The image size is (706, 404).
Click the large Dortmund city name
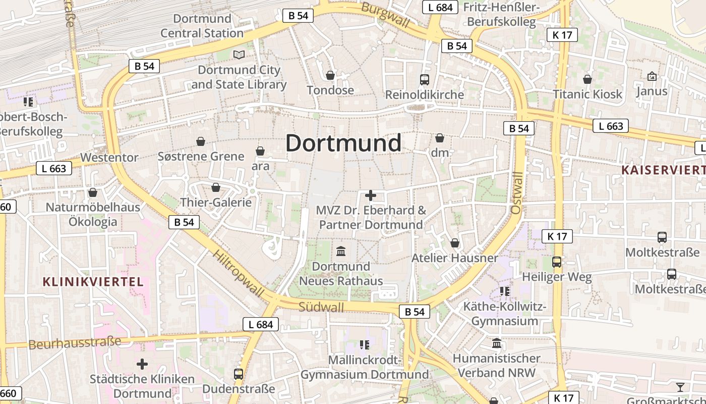click(x=343, y=143)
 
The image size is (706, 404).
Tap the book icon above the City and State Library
click(x=239, y=55)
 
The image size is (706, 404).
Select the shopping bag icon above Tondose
click(x=330, y=75)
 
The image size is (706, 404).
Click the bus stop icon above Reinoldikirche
click(x=424, y=79)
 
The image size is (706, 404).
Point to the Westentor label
click(x=109, y=157)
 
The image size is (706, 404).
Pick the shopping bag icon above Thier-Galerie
click(x=216, y=187)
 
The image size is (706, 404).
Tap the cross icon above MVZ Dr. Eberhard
click(x=371, y=195)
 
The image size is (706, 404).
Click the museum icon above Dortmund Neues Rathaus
click(x=341, y=251)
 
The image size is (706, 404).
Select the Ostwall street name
click(x=516, y=192)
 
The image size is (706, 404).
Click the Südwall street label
click(x=321, y=307)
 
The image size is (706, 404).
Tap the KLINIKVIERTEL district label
click(x=93, y=282)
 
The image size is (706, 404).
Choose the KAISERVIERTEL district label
click(x=663, y=170)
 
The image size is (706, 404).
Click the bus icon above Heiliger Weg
click(x=557, y=262)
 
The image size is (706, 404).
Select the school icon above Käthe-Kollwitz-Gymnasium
click(x=504, y=291)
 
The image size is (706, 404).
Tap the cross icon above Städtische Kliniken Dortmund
click(x=142, y=364)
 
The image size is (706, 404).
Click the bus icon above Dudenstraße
click(x=239, y=374)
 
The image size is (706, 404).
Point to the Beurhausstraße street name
click(x=75, y=343)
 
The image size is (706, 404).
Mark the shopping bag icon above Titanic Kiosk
click(x=587, y=79)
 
